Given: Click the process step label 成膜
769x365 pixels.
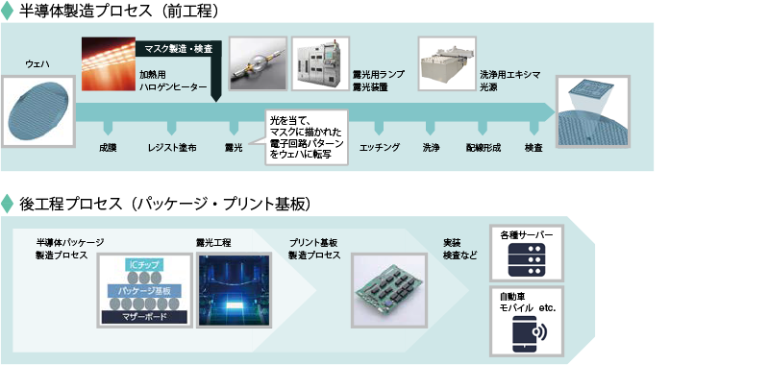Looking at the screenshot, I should [107, 149].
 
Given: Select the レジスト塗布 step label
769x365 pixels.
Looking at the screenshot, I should [173, 149].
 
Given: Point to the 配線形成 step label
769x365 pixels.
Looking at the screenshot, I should [483, 149].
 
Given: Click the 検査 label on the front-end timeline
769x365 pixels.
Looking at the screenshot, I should [533, 149].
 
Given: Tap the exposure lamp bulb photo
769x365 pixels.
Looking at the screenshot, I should [258, 65].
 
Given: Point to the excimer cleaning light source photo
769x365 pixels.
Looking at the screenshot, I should [446, 63].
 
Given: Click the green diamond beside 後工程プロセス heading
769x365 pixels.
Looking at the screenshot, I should [9, 203].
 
